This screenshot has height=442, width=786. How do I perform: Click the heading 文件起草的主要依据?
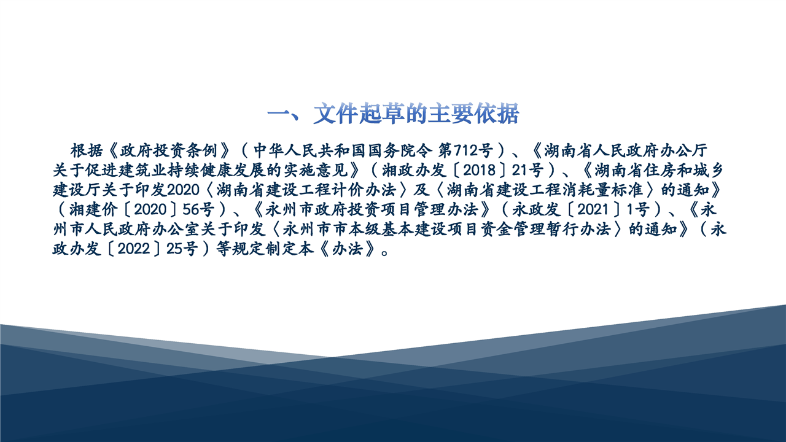click(x=416, y=114)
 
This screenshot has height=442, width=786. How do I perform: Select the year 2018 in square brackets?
click(x=479, y=171)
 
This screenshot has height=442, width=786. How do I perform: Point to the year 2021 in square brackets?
click(x=593, y=210)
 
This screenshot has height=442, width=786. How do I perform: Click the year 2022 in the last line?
click(x=134, y=249)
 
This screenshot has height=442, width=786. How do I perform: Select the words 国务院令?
click(x=399, y=151)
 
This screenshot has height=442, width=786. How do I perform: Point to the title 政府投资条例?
click(x=169, y=151)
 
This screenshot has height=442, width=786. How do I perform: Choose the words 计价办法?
click(x=364, y=190)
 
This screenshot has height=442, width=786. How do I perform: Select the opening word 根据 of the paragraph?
click(x=87, y=151)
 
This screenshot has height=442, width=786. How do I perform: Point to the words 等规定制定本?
click(x=265, y=249)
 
